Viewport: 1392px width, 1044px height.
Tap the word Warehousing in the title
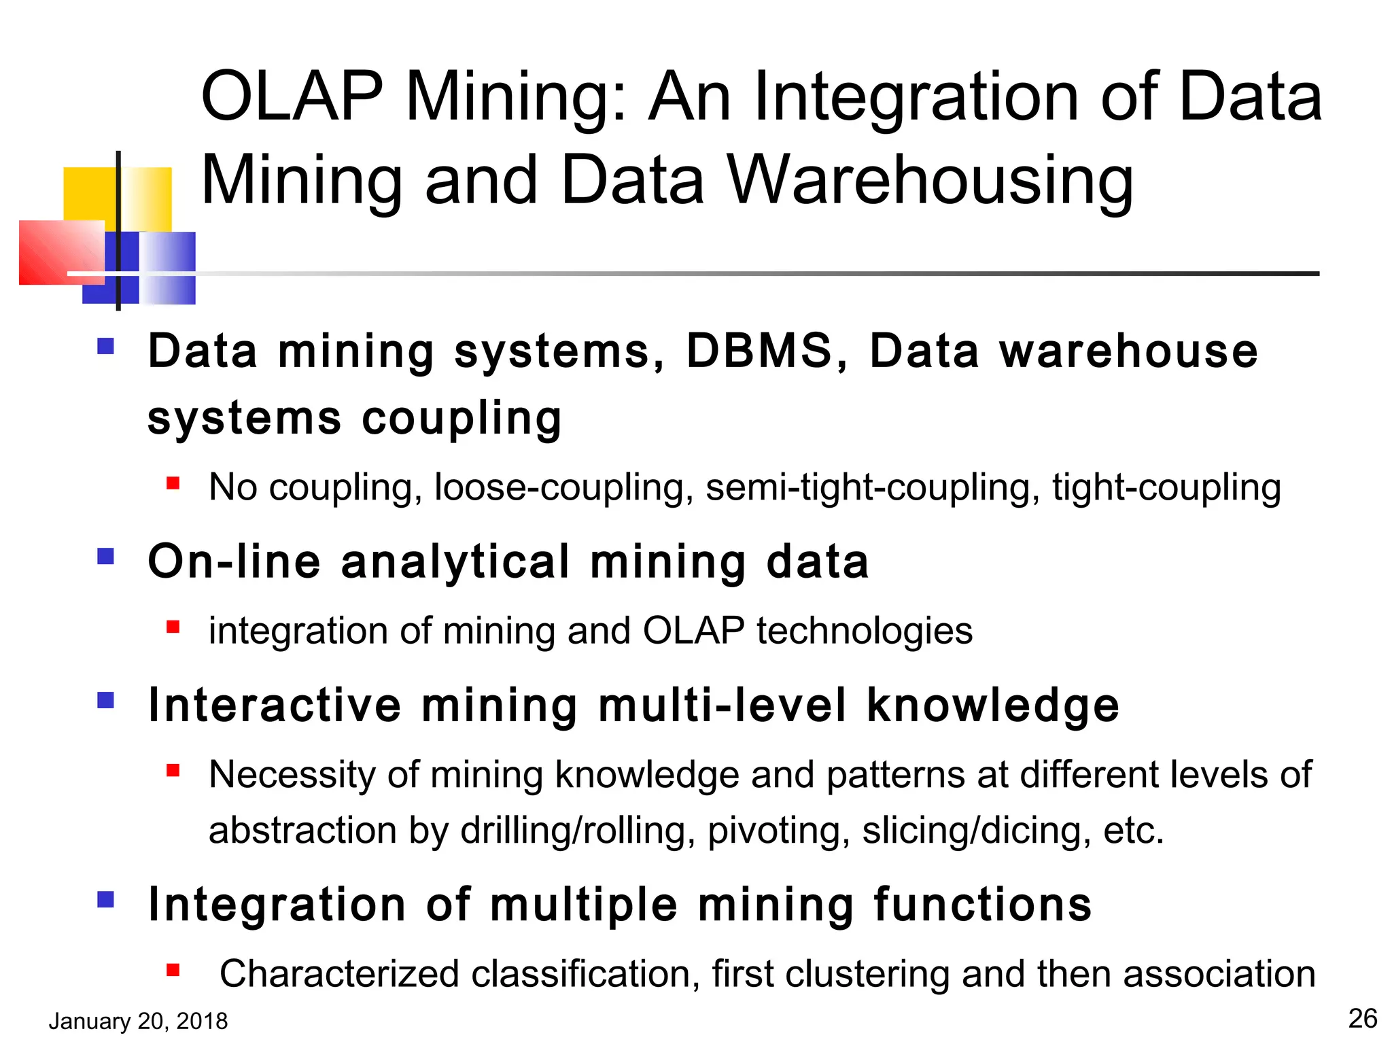point(930,180)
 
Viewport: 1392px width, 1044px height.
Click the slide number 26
point(1362,1019)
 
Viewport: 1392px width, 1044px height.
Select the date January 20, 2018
point(138,1021)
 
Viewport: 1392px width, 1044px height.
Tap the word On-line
point(234,562)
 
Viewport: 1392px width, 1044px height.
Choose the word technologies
point(865,631)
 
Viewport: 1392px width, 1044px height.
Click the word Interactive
point(275,706)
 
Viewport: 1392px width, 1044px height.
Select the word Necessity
point(292,775)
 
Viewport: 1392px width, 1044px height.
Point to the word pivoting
point(778,831)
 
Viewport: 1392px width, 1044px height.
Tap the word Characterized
point(340,974)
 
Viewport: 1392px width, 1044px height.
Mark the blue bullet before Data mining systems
point(105,347)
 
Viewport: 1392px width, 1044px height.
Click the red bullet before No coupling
point(173,483)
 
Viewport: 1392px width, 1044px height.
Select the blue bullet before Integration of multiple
point(105,900)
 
